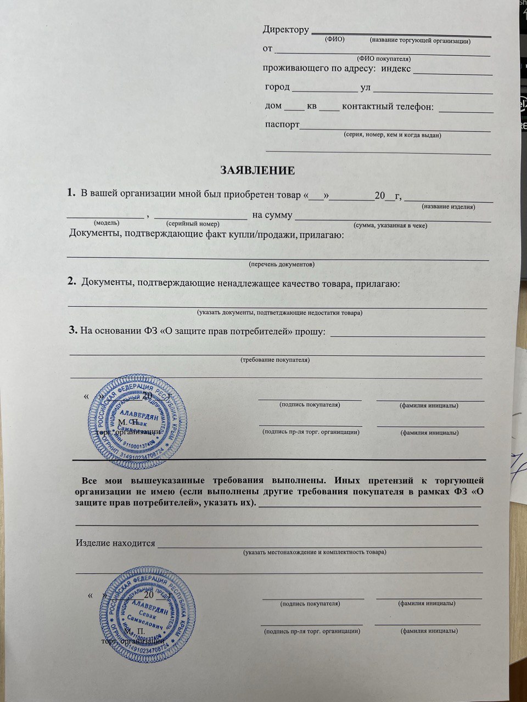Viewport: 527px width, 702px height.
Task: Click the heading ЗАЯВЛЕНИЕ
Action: [x=257, y=171]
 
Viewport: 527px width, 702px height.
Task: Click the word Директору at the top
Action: [x=285, y=30]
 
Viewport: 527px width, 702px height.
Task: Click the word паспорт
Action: [x=282, y=124]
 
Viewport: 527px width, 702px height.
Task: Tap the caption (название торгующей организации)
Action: [x=420, y=41]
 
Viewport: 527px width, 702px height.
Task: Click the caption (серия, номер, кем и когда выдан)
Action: [x=392, y=135]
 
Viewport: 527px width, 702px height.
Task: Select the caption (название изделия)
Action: [x=448, y=207]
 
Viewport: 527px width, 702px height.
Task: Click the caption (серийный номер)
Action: [x=193, y=224]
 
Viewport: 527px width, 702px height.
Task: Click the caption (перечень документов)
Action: [x=282, y=264]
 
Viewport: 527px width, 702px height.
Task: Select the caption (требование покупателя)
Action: [x=275, y=360]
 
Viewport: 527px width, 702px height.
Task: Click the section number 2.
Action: [x=71, y=282]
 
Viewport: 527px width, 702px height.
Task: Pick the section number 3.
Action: [x=72, y=330]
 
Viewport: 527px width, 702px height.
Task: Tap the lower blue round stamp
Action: [x=148, y=615]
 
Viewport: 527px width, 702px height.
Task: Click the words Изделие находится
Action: [x=115, y=544]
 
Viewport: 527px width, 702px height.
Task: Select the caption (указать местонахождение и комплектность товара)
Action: [x=315, y=552]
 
